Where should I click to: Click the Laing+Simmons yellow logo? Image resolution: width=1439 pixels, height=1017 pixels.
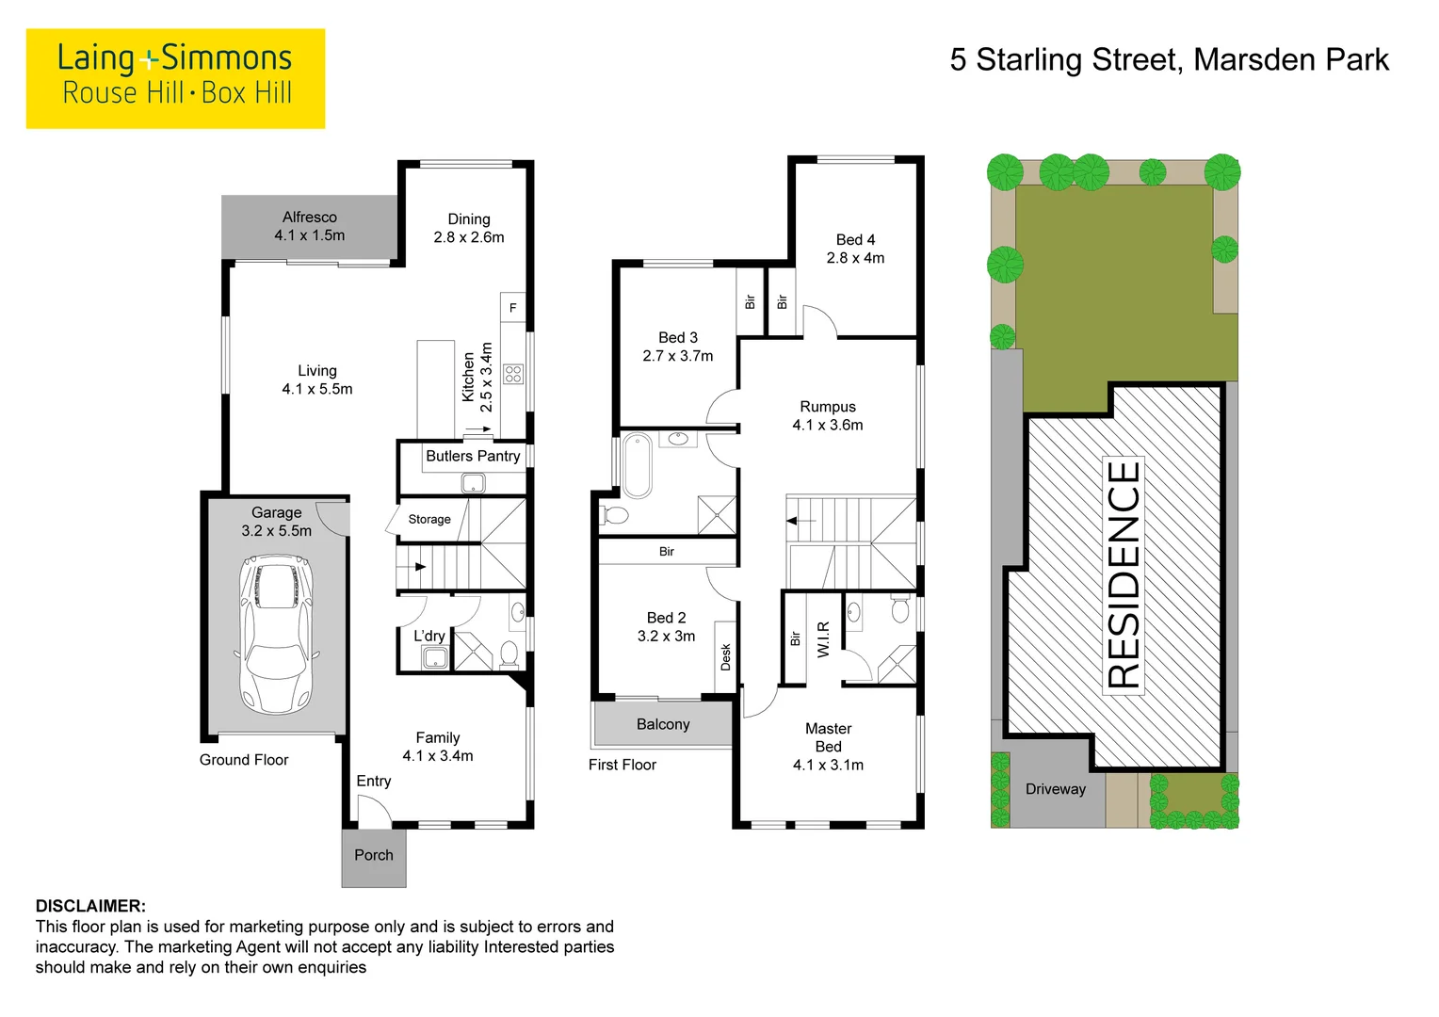175,78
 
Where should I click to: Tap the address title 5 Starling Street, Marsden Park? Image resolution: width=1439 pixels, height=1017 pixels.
1169,60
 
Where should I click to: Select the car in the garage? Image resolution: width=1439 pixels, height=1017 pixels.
275,634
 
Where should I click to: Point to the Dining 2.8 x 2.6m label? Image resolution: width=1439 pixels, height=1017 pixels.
469,228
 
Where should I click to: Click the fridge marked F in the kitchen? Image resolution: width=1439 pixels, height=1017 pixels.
512,308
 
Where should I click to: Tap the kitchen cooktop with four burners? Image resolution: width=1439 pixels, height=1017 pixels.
513,374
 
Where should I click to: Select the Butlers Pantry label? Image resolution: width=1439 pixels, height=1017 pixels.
473,456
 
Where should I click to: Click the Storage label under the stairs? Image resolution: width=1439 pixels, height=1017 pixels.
429,519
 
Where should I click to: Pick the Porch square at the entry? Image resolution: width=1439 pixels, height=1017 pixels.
374,856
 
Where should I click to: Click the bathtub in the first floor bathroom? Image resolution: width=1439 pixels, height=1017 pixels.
638,465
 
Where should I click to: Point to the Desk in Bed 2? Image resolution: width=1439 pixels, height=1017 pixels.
725,656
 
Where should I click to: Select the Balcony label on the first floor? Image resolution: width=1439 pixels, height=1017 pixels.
663,724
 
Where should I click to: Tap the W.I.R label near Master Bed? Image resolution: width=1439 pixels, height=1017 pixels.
823,639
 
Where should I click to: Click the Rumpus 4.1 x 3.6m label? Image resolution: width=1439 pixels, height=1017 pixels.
828,415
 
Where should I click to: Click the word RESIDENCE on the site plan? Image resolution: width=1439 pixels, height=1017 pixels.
1124,574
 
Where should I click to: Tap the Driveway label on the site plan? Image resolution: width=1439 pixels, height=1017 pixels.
1056,789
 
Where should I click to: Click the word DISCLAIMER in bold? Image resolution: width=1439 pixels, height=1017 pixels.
90,906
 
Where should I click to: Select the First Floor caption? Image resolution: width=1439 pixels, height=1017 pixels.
622,765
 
